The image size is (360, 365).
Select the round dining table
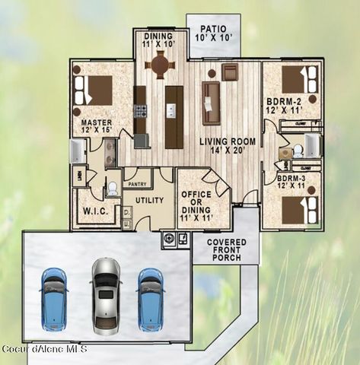(x=160, y=65)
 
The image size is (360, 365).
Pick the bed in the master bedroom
(x=95, y=90)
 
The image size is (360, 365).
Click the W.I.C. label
(x=96, y=210)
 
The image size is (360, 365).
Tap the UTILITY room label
(x=150, y=201)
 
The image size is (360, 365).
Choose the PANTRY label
(x=137, y=184)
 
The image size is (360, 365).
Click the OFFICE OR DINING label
(x=196, y=206)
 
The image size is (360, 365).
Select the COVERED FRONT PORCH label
(x=226, y=249)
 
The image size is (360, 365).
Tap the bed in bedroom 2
(x=297, y=78)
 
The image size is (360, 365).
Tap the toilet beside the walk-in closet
(x=113, y=187)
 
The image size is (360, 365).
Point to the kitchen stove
(x=140, y=111)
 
